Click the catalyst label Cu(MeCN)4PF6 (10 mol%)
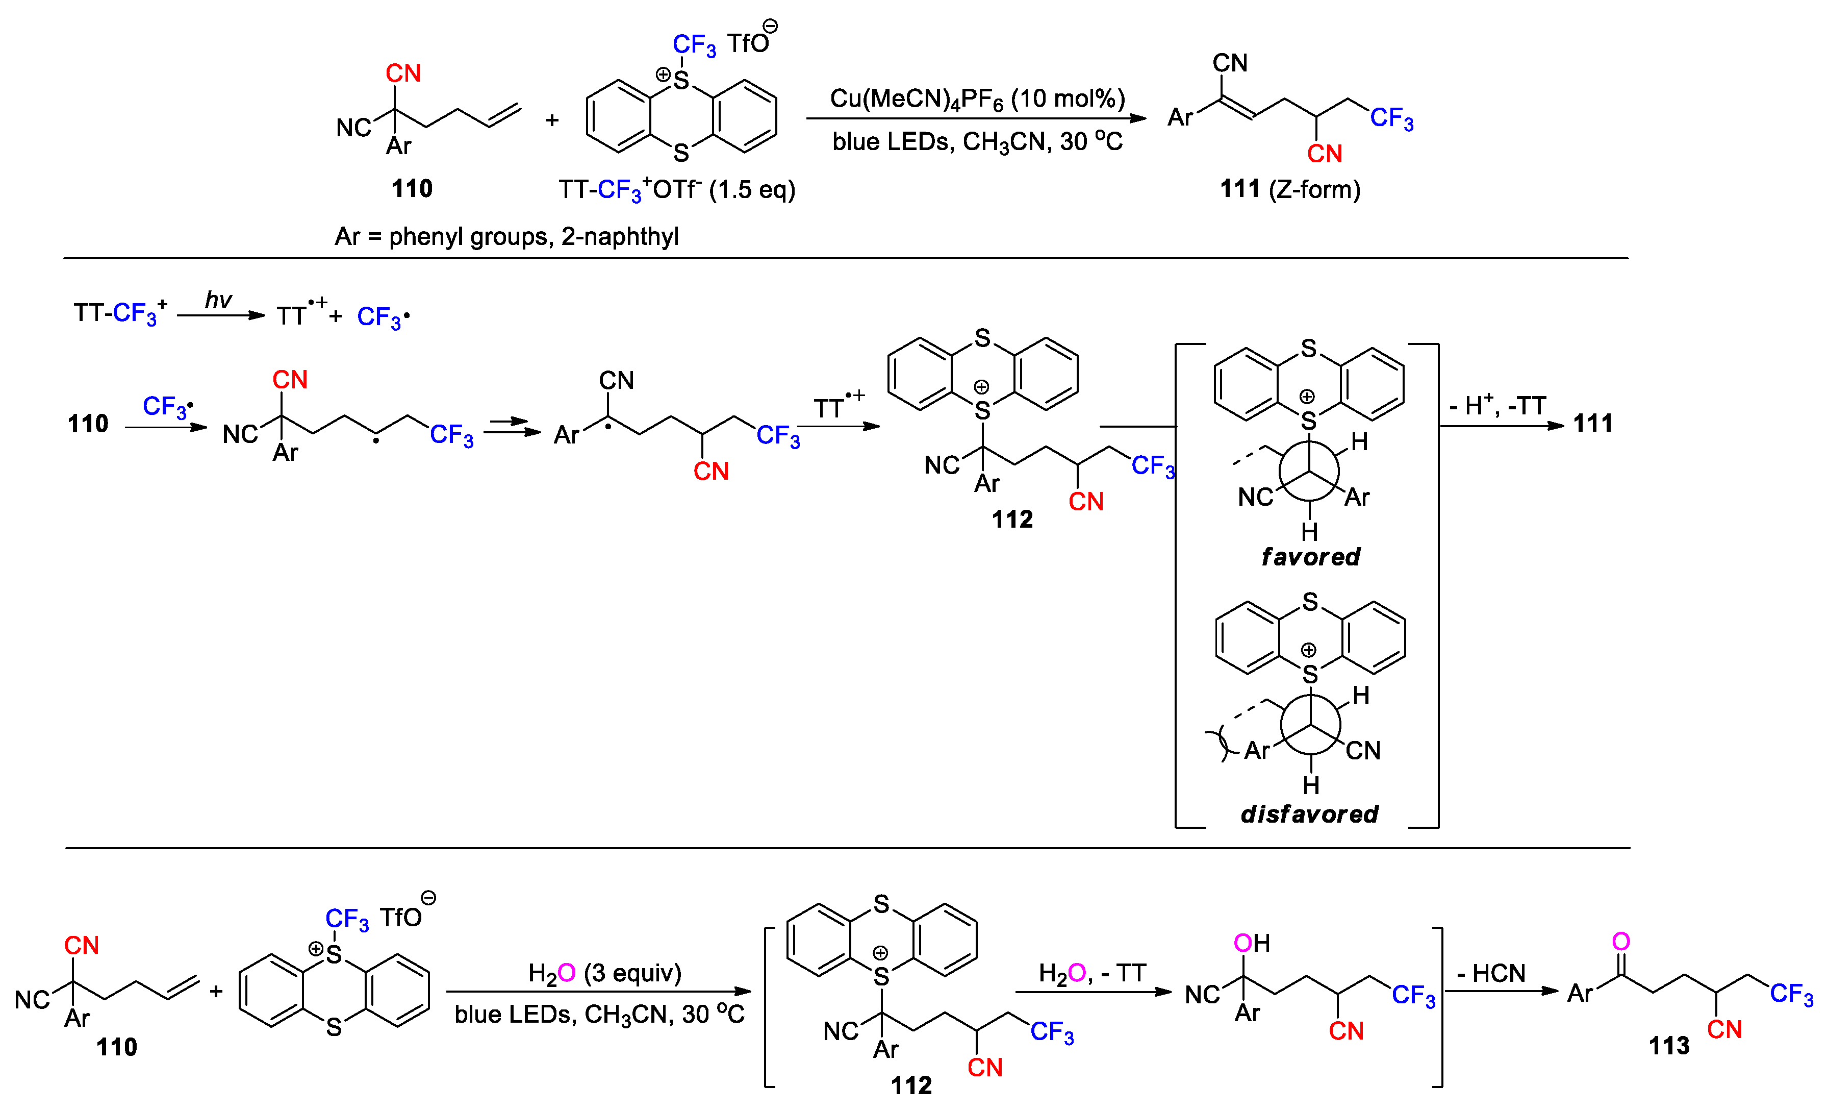(976, 98)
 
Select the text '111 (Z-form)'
(1289, 189)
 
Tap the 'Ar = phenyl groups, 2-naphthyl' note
(506, 237)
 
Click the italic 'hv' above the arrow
(218, 300)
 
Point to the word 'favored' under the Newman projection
(1310, 557)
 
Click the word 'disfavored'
(1309, 814)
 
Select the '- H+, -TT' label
(1497, 406)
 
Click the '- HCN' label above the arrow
(1490, 973)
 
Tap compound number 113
(1668, 1046)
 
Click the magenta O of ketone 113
(1621, 941)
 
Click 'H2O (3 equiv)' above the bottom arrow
(604, 973)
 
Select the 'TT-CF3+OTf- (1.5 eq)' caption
(677, 190)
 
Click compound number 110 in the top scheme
(412, 188)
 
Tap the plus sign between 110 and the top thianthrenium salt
(552, 120)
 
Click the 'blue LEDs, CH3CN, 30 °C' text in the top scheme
(976, 141)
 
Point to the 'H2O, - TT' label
(1091, 973)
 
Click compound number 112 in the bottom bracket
(911, 1086)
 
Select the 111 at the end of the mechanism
(1593, 424)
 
